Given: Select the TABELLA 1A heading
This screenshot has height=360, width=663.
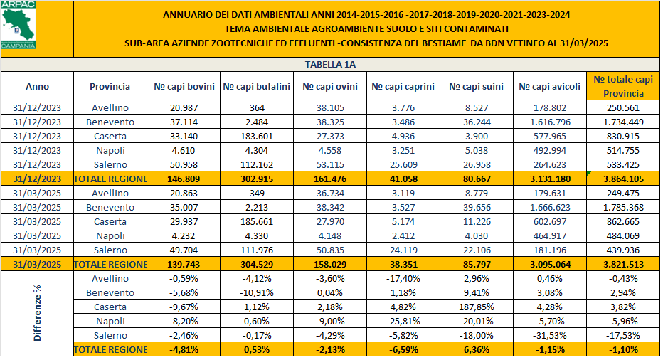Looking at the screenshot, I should tap(330, 64).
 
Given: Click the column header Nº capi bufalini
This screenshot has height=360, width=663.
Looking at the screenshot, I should tap(256, 87).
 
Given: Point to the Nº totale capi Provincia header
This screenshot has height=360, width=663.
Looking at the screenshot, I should tap(623, 86).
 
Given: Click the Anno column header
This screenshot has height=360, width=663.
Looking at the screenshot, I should tap(37, 87).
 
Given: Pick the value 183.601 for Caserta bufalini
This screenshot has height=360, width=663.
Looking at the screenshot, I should tap(257, 135).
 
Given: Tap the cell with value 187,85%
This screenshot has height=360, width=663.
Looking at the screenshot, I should tap(477, 307).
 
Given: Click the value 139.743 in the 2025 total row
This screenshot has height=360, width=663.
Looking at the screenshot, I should tap(184, 264).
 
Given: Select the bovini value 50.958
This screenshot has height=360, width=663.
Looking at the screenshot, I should tap(184, 164).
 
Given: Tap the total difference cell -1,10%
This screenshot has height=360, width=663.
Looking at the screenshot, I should tap(623, 349).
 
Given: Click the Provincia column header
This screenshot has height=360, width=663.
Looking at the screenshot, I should tap(110, 87).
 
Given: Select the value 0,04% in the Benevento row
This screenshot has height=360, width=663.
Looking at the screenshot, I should tap(330, 292).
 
